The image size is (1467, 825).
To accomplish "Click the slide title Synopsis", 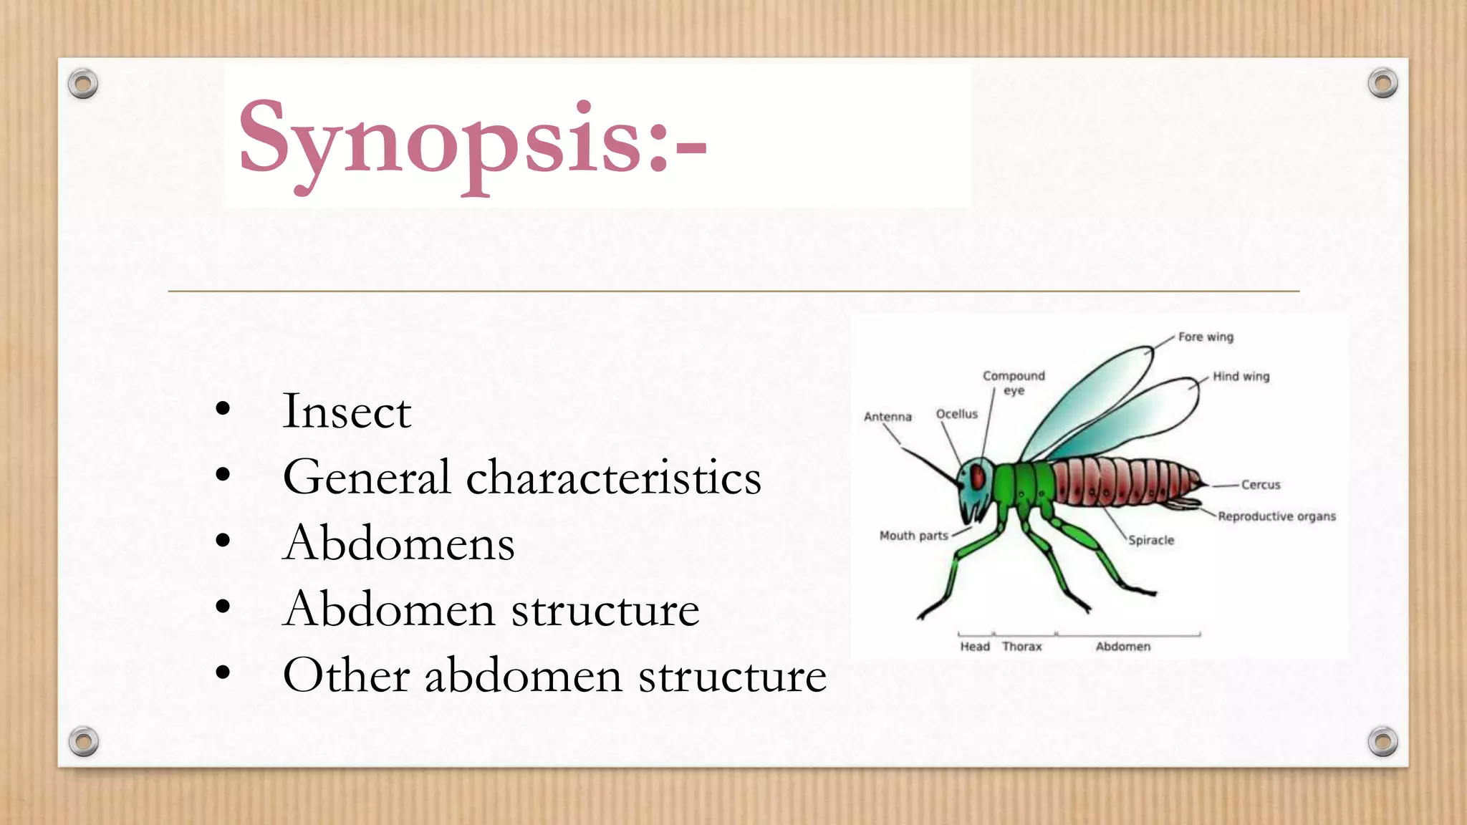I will coord(473,140).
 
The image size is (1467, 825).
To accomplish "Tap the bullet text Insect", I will coord(347,412).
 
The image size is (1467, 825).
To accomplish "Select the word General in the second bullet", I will coord(366,477).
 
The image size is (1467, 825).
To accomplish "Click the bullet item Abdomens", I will coord(398,543).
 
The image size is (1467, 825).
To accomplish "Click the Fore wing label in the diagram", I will coord(1206,337).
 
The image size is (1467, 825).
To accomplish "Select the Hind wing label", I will coord(1241,377).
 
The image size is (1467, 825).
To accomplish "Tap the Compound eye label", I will coord(1014,382).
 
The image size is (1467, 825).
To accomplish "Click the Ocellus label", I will coord(956,414).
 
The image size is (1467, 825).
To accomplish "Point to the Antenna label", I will coord(888,417).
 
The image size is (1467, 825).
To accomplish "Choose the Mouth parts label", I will coord(913,536).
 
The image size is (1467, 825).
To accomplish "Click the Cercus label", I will coord(1260,485).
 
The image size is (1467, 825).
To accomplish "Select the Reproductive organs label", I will coord(1276,516).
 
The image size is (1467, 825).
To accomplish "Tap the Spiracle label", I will coord(1151,540).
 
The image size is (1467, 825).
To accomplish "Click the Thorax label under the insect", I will coord(1021,647).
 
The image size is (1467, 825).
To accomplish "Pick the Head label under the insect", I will coord(974,647).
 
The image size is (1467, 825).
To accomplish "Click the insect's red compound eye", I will coord(978,477).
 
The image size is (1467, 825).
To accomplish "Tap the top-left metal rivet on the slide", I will coord(83,84).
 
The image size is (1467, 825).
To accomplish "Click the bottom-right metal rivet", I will coord(1382,741).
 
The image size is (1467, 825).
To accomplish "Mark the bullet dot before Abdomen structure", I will coord(223,607).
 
